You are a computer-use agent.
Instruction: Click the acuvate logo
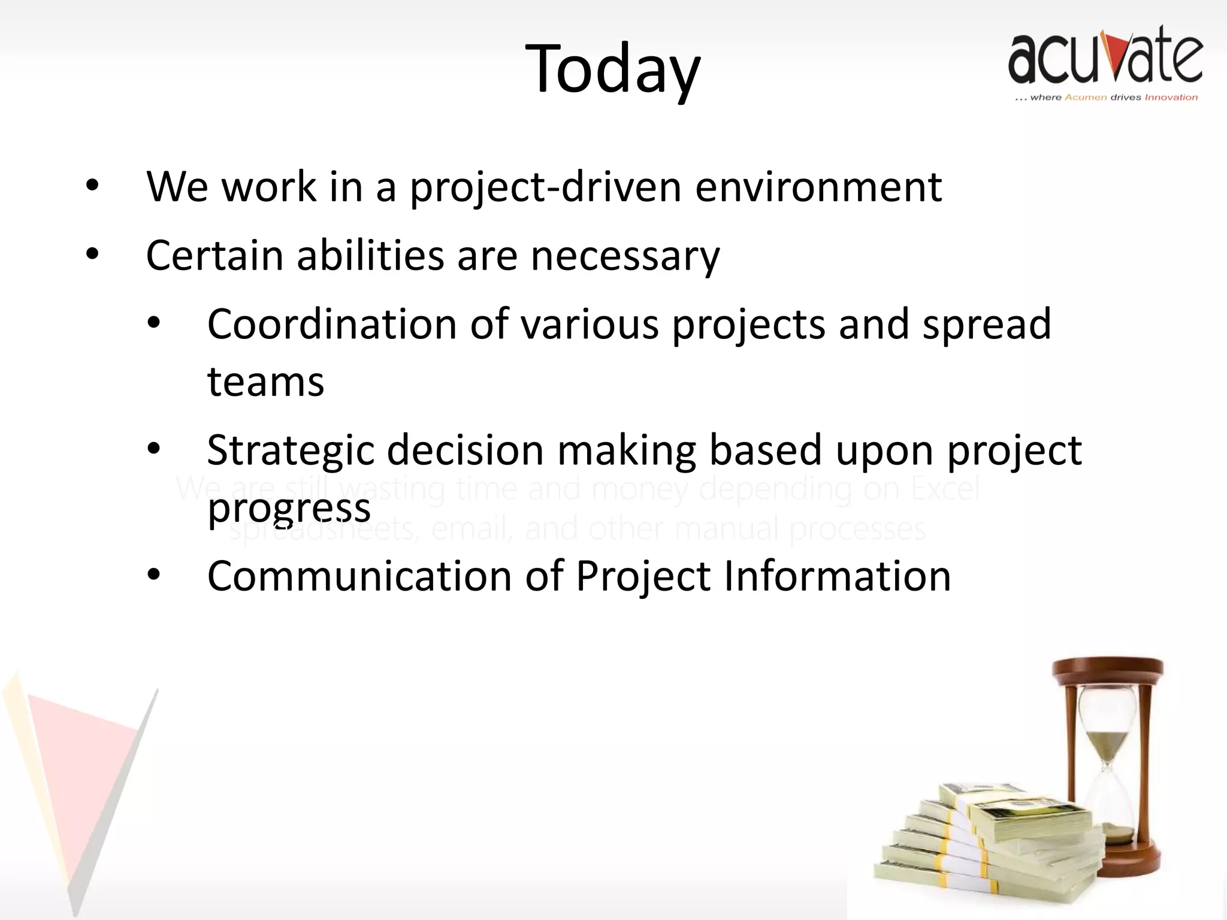[x=1105, y=63]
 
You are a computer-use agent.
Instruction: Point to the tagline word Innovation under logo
[x=1171, y=98]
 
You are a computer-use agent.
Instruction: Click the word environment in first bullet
[x=818, y=187]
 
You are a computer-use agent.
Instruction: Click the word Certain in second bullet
[x=214, y=256]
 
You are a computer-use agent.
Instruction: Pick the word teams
[x=265, y=382]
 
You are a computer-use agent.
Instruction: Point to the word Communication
[x=359, y=576]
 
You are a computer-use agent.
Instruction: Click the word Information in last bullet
[x=837, y=576]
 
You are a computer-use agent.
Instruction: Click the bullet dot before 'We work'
[x=92, y=185]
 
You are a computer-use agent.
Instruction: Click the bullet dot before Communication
[x=154, y=575]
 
